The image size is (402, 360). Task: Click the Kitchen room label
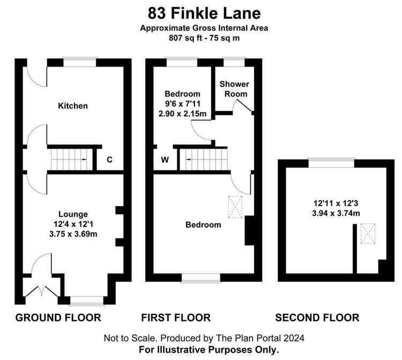73,106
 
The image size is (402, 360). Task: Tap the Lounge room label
73,214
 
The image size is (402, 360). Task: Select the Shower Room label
235,89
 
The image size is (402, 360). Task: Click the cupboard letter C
109,159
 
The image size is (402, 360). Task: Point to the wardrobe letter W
165,159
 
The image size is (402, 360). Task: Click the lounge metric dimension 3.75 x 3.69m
73,234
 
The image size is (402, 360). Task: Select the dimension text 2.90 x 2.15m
182,113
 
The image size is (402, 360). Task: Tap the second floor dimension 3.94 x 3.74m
336,213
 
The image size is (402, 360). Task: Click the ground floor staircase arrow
84,159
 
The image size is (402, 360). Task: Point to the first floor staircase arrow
188,159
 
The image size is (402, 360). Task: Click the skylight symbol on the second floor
368,233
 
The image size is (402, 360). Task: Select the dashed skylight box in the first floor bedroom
235,207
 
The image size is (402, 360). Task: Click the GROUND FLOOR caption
58,318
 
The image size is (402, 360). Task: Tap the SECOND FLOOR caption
317,318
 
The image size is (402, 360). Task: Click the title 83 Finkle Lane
204,13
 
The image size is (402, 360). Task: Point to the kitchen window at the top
80,62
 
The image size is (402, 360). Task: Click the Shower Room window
234,62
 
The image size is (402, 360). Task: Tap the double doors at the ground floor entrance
42,291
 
